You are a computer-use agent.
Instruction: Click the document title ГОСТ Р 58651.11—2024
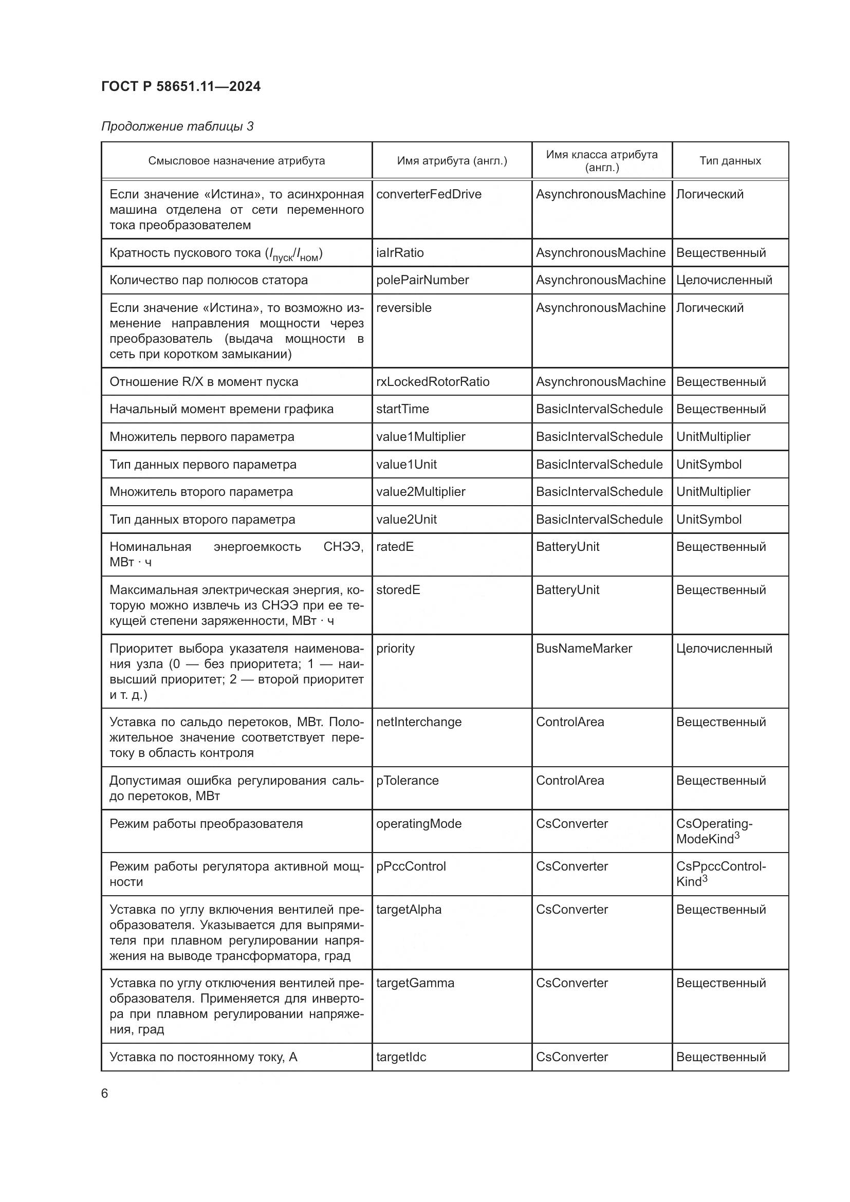pyautogui.click(x=180, y=86)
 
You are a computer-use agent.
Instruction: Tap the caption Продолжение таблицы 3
pyautogui.click(x=177, y=126)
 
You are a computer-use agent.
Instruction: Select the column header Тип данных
pyautogui.click(x=730, y=161)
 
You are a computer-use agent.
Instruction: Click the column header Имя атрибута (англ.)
pyautogui.click(x=452, y=161)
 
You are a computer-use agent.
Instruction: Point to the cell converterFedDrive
pyautogui.click(x=428, y=194)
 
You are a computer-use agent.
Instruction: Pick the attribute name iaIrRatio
pyautogui.click(x=399, y=253)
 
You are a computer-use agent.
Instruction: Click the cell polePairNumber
pyautogui.click(x=422, y=280)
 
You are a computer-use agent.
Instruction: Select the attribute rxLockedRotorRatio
pyautogui.click(x=432, y=382)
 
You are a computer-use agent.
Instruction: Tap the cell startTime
pyautogui.click(x=402, y=409)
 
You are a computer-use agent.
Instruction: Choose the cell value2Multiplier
pyautogui.click(x=420, y=492)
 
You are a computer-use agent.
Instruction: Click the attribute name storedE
pyautogui.click(x=398, y=589)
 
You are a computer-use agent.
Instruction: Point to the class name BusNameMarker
pyautogui.click(x=584, y=648)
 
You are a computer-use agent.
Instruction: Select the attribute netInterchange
pyautogui.click(x=418, y=722)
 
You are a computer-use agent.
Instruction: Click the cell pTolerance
pyautogui.click(x=407, y=781)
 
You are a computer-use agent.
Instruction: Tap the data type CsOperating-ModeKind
pyautogui.click(x=714, y=831)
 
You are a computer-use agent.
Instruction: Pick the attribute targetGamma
pyautogui.click(x=415, y=983)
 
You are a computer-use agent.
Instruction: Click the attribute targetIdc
pyautogui.click(x=401, y=1057)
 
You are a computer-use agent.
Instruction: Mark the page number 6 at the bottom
pyautogui.click(x=105, y=1093)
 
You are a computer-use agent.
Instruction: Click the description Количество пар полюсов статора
pyautogui.click(x=208, y=280)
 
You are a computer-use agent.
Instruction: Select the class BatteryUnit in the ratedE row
pyautogui.click(x=567, y=547)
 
